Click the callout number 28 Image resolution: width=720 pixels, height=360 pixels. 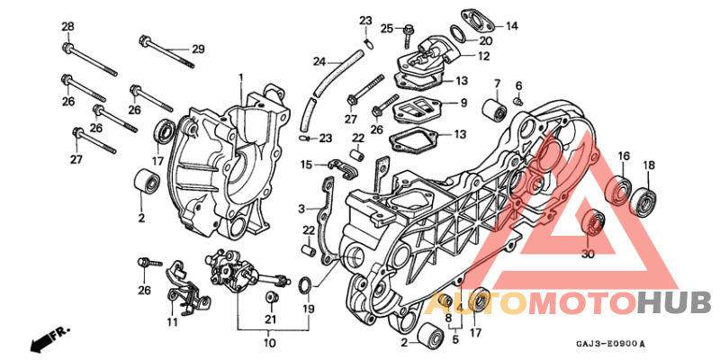(67, 26)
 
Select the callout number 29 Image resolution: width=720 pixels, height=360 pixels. (198, 49)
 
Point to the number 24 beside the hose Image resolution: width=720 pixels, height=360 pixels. (319, 61)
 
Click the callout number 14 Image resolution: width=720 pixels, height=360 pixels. (511, 26)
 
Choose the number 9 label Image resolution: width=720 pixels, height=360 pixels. (463, 103)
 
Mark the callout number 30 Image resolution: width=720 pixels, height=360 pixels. (588, 255)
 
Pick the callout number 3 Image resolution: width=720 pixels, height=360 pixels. (302, 209)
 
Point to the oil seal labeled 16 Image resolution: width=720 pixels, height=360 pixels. (619, 190)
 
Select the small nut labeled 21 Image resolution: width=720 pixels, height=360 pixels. (269, 297)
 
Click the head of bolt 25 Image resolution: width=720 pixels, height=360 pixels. (407, 30)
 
